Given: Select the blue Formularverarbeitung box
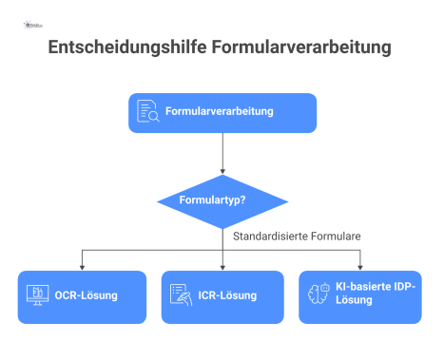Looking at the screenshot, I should pos(222,112).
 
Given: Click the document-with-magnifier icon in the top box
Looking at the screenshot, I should pos(148,112).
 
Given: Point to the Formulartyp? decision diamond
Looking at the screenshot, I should pos(222,200).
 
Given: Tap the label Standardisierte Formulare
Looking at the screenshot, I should pos(298,235).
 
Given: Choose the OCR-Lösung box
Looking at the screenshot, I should pos(83,296).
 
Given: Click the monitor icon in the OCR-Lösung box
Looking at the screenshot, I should pos(39,295).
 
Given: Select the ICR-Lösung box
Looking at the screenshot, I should pos(222,296).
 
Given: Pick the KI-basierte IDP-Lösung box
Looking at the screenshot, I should pos(360,296).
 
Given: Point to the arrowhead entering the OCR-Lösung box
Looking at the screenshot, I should pos(83,266).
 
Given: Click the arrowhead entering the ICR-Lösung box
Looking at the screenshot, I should pos(222,266).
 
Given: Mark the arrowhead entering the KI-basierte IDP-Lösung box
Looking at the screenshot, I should pos(360,266).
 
